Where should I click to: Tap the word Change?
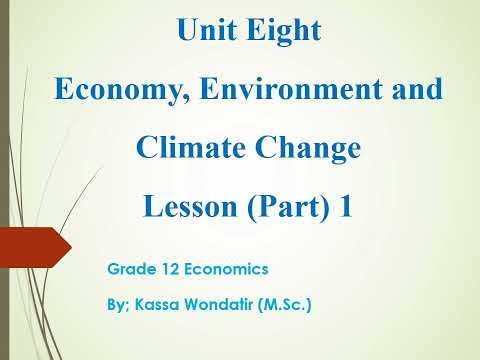(x=304, y=150)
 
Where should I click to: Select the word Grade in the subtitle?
(x=128, y=270)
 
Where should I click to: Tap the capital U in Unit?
(x=186, y=31)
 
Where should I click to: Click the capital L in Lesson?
(x=153, y=209)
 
